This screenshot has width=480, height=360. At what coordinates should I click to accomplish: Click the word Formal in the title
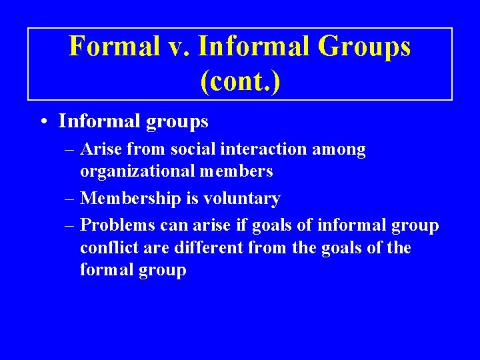[x=114, y=47]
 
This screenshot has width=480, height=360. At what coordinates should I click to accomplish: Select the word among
[x=341, y=149]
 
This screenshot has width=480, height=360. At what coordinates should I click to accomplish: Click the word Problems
[x=115, y=225]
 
